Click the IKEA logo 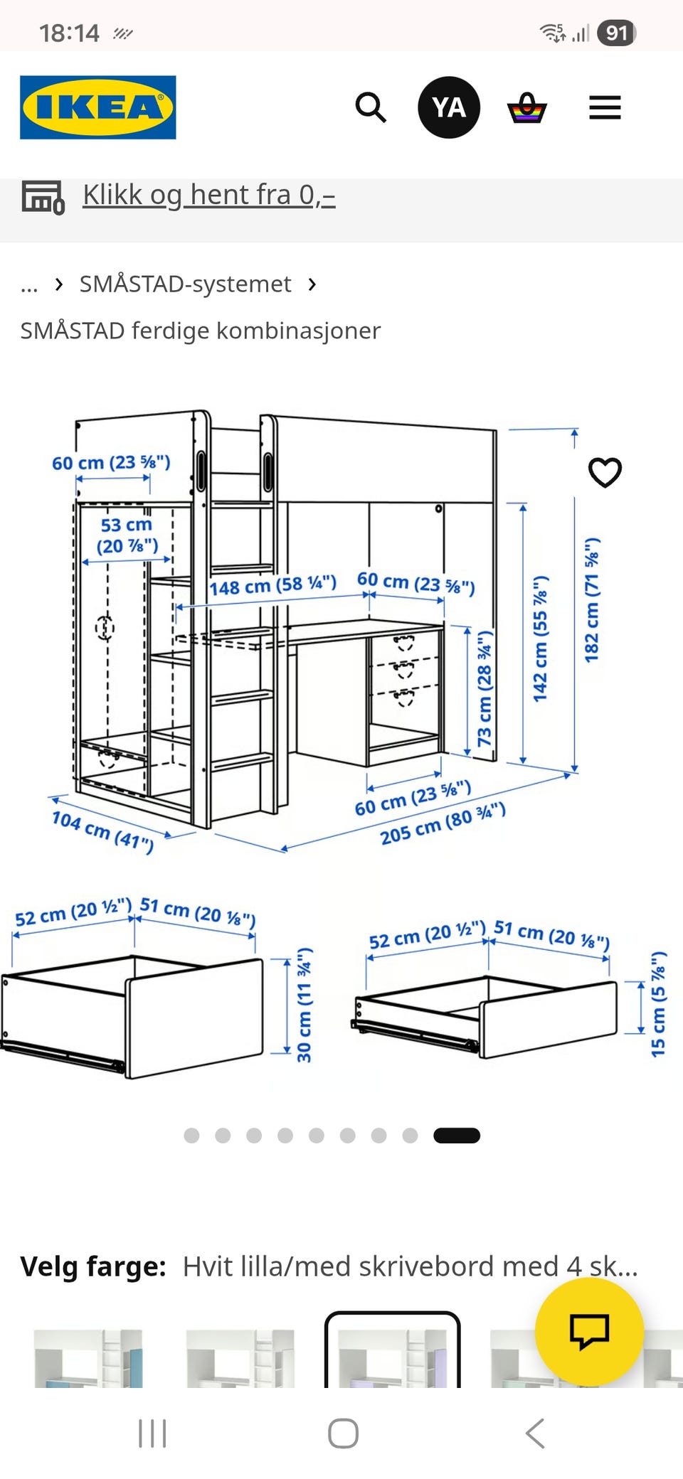click(x=98, y=107)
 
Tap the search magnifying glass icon click(x=371, y=107)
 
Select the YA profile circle click(x=449, y=107)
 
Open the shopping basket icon click(x=526, y=107)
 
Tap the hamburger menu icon click(x=605, y=107)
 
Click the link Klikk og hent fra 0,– click(x=209, y=195)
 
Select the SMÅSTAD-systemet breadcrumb click(x=185, y=284)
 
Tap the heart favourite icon click(x=605, y=472)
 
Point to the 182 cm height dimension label click(x=592, y=600)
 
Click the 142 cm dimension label click(x=541, y=639)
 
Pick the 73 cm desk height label click(x=485, y=688)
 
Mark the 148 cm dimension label click(x=272, y=586)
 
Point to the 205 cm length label click(x=443, y=823)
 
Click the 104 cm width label click(x=102, y=831)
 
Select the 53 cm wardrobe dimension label click(x=127, y=535)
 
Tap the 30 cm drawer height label click(x=305, y=1005)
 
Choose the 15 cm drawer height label click(x=659, y=1004)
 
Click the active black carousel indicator click(x=457, y=1136)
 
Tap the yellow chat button click(x=589, y=1331)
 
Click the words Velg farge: click(x=93, y=1266)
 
